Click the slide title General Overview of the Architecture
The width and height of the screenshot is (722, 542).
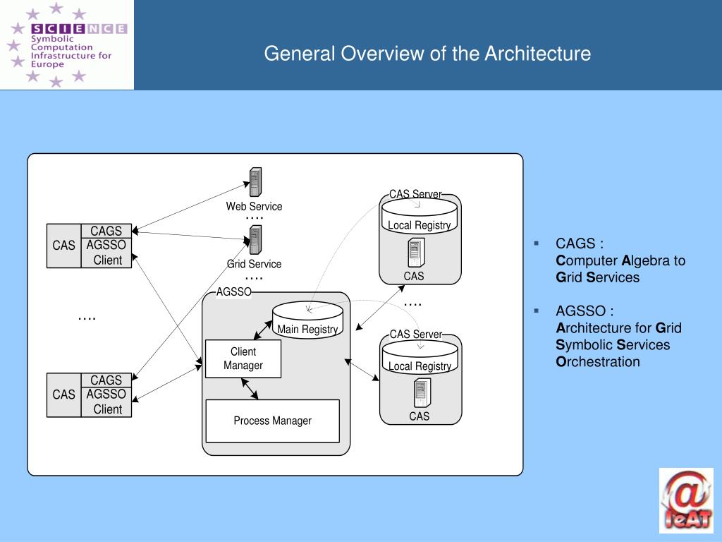427,54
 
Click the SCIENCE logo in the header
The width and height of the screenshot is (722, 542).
67,44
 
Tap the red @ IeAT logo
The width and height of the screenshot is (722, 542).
686,500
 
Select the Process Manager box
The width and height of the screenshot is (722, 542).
272,421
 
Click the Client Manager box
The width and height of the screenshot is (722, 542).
243,359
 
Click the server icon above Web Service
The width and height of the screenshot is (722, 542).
255,182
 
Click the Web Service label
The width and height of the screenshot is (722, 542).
254,207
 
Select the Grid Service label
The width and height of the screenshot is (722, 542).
254,264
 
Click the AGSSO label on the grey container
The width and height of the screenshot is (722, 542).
233,292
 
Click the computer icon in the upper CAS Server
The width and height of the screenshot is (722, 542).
415,253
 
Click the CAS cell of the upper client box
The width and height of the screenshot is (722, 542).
63,246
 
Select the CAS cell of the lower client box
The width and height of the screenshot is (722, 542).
63,395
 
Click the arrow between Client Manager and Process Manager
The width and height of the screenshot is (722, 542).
250,388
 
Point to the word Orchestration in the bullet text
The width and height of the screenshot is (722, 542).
598,362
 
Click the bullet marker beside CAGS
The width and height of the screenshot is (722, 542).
537,243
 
